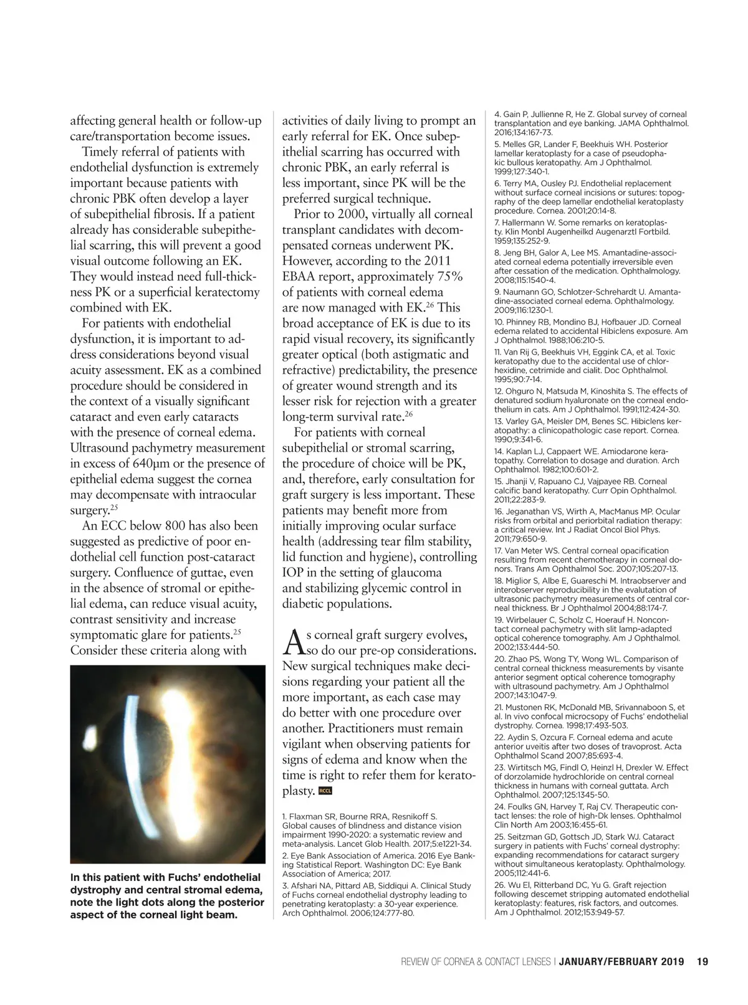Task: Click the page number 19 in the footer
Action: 702,961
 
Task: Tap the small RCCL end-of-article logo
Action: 325,791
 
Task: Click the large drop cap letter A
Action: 293,642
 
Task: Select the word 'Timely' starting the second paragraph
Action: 103,152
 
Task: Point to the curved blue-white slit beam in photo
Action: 130,748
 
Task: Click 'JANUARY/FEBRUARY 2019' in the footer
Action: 621,961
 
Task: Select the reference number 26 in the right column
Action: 499,885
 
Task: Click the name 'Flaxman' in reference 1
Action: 305,816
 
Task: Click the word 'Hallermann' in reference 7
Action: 525,222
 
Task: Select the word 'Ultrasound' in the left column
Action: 102,448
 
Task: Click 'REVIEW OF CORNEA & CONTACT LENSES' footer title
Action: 475,961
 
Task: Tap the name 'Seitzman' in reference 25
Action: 529,837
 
